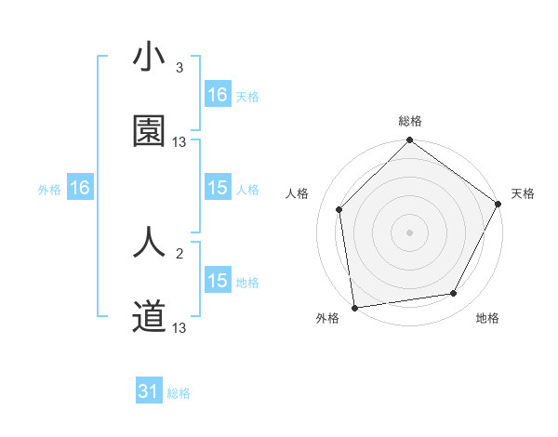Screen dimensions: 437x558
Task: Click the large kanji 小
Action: coord(149,58)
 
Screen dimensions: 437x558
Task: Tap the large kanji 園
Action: coord(149,131)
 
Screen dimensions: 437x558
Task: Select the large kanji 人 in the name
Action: coord(149,244)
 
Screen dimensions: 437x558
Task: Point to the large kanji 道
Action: coord(149,317)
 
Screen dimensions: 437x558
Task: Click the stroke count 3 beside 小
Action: coord(179,68)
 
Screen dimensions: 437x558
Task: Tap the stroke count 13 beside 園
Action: coord(179,142)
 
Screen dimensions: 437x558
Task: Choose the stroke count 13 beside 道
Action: coord(179,328)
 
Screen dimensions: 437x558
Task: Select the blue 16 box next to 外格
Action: coord(80,189)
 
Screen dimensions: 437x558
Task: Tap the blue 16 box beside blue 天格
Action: coord(218,95)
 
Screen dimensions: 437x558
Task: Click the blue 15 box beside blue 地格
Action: coord(218,281)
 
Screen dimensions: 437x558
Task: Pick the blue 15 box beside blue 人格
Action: coord(218,188)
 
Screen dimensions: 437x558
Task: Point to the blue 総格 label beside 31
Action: coord(179,393)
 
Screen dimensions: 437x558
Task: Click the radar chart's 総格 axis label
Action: coord(410,121)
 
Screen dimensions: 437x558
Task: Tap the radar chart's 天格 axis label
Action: coord(523,193)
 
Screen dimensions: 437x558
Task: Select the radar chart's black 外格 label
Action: coord(327,318)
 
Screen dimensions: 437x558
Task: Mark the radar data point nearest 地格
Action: coord(454,293)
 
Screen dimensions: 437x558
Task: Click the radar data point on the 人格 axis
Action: coord(339,209)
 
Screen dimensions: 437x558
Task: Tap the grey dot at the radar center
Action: coord(410,232)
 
